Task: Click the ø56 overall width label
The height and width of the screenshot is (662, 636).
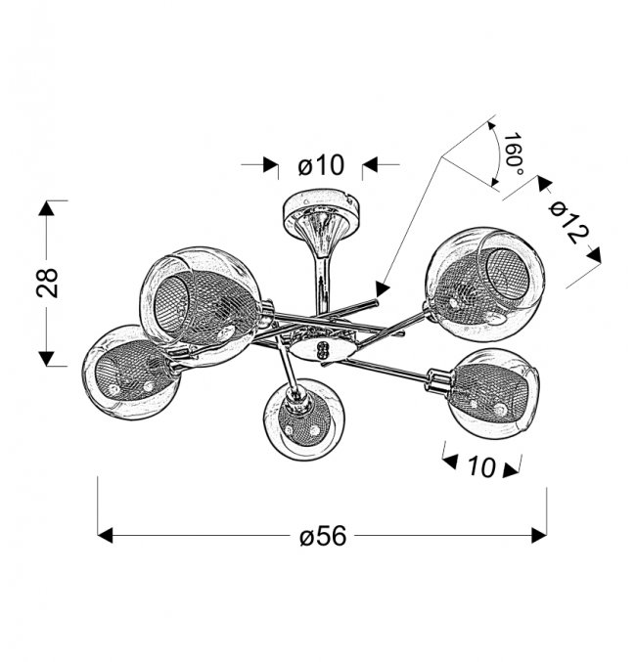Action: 323,536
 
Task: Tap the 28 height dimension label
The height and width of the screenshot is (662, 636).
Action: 47,283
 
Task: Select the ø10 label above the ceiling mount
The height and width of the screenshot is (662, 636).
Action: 321,164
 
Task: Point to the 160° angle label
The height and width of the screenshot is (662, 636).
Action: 513,154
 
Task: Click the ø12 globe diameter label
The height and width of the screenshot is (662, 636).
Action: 568,222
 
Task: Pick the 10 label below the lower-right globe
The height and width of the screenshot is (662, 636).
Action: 481,467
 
